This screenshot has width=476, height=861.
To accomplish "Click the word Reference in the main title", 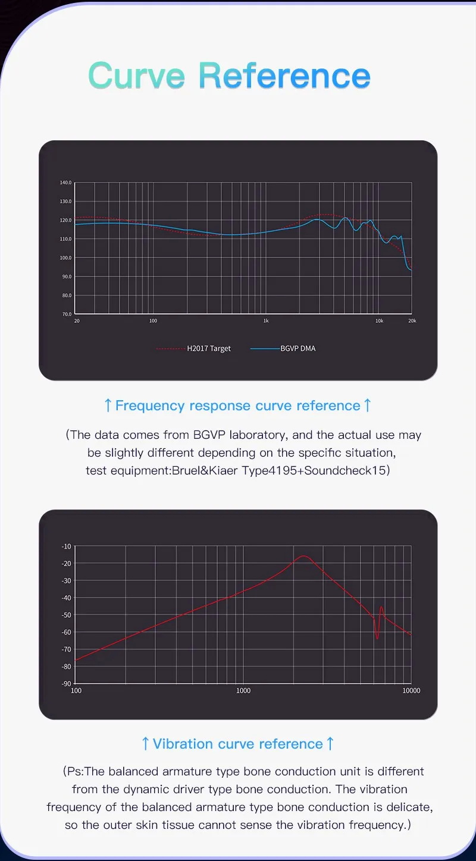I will [284, 76].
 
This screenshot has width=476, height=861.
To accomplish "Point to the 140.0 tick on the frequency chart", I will [65, 183].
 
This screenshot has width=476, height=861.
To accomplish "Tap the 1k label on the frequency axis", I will [266, 321].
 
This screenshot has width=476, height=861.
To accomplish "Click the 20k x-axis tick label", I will [412, 321].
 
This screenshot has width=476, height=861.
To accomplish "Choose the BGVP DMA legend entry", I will [297, 348].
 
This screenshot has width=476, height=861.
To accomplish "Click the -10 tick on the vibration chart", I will [66, 546].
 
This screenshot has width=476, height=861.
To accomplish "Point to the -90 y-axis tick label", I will [66, 684].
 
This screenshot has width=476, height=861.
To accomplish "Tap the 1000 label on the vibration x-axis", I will [243, 691].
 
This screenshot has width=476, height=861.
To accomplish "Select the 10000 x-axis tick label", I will [411, 691].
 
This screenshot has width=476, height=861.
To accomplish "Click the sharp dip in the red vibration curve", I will [377, 639].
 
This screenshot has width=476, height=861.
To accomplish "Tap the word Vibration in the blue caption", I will [183, 744].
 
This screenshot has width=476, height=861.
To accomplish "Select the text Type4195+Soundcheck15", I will [315, 470].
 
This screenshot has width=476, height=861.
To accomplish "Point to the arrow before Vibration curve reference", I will [145, 744].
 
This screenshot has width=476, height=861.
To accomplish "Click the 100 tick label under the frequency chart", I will [153, 321].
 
